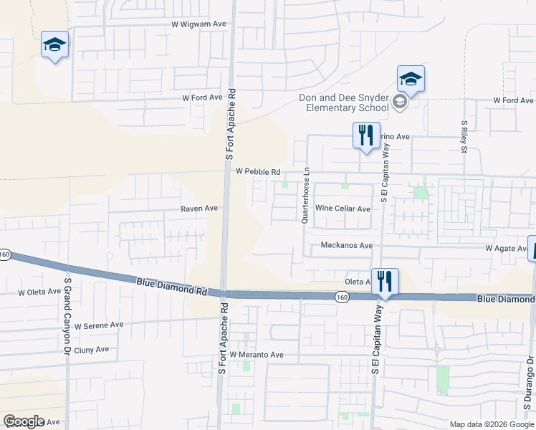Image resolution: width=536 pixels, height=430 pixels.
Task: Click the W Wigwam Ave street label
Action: point(198,24)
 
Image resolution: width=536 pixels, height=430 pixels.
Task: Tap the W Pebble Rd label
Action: point(257,172)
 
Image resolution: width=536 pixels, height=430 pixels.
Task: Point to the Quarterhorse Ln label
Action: point(306,195)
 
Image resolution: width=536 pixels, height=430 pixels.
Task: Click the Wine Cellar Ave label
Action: point(343,209)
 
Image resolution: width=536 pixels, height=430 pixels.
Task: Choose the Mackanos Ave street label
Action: point(347,245)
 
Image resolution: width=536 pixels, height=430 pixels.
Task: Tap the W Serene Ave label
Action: point(99,325)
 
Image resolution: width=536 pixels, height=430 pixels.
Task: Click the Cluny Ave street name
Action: point(92,350)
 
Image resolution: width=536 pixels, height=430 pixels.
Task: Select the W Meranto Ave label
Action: point(257,355)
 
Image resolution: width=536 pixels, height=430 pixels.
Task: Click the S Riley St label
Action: point(464,137)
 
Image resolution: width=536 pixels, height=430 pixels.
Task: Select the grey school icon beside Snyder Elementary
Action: point(400,103)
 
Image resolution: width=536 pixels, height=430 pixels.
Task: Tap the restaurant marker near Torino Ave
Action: point(366,135)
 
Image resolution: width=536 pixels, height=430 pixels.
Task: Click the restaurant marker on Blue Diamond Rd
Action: point(385,282)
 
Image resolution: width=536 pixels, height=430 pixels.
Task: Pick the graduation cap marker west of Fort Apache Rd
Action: point(55,45)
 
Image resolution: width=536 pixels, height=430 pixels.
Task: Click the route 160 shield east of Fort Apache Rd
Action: point(342,295)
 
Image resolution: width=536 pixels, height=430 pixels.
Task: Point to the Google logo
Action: point(24,421)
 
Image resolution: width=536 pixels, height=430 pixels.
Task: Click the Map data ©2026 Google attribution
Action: point(492,424)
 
